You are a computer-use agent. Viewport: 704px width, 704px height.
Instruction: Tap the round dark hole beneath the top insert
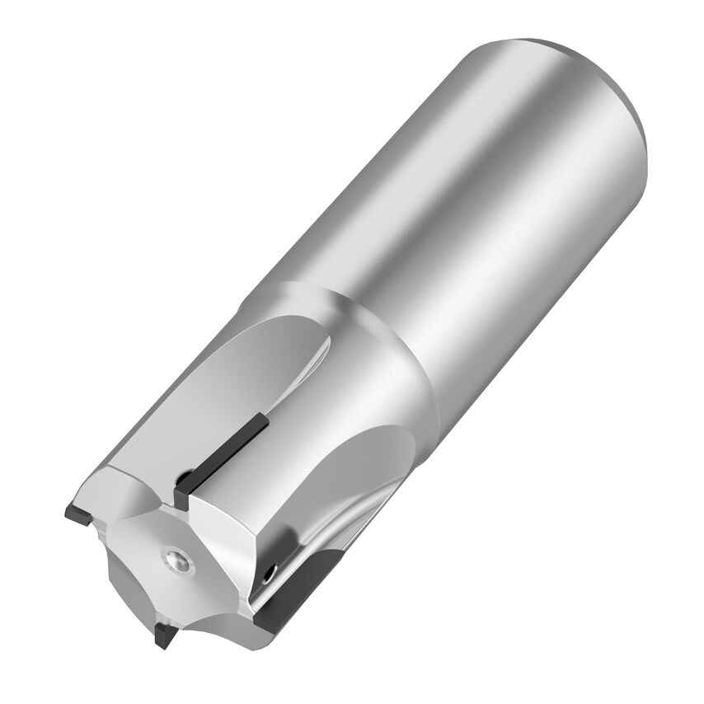(186, 477)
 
